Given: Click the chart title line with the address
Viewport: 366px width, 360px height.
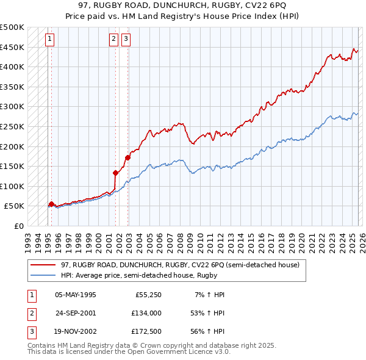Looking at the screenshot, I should tap(182, 5).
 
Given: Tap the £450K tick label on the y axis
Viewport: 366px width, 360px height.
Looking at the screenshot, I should tap(12, 47).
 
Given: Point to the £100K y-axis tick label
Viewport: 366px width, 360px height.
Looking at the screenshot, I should tap(12, 186).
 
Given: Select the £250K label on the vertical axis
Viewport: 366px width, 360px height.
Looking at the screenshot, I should tap(12, 126).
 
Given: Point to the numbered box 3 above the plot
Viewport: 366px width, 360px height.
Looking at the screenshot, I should tap(126, 38).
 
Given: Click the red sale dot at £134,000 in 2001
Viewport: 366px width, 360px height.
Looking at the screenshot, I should tap(115, 173).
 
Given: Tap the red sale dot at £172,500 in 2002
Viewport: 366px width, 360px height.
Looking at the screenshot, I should tap(127, 157).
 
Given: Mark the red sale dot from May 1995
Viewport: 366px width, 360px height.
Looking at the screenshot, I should tap(51, 204).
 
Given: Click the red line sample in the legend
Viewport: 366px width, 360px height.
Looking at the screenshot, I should tap(43, 265).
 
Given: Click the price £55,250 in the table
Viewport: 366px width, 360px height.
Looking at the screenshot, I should tap(147, 294).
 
